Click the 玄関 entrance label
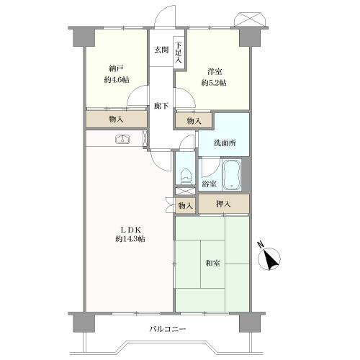point(161,50)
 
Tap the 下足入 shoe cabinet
point(178,53)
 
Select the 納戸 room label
point(116,69)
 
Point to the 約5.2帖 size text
point(214,83)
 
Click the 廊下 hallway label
point(161,106)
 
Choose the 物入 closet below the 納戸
point(117,120)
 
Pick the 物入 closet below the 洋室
point(194,121)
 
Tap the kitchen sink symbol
point(123,139)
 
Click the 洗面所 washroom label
point(225,143)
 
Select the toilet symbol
point(185,176)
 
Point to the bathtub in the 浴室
point(232,174)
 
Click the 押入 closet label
point(223,204)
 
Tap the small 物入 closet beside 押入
point(185,206)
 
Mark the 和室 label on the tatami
point(213,263)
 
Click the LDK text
point(130,230)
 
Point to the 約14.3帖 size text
point(130,239)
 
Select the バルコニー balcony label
point(168,329)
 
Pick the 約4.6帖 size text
point(117,80)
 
